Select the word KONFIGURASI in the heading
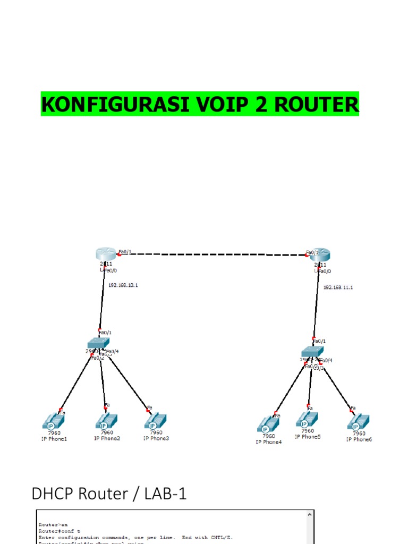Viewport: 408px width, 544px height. point(115,105)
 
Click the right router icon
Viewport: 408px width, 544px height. point(320,254)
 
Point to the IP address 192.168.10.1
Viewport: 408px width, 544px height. point(123,285)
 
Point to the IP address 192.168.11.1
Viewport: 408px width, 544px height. point(338,287)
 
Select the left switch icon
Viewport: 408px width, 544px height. point(98,343)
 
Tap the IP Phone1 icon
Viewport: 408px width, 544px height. point(54,422)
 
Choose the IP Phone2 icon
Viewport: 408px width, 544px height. point(106,421)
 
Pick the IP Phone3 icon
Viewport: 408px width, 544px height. point(156,421)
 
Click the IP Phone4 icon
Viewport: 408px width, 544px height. point(268,424)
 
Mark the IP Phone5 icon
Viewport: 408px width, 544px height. point(307,420)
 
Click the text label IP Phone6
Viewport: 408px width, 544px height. point(359,439)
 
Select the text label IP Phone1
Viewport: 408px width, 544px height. point(54,439)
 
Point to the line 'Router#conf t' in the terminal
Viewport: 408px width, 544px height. point(59,531)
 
